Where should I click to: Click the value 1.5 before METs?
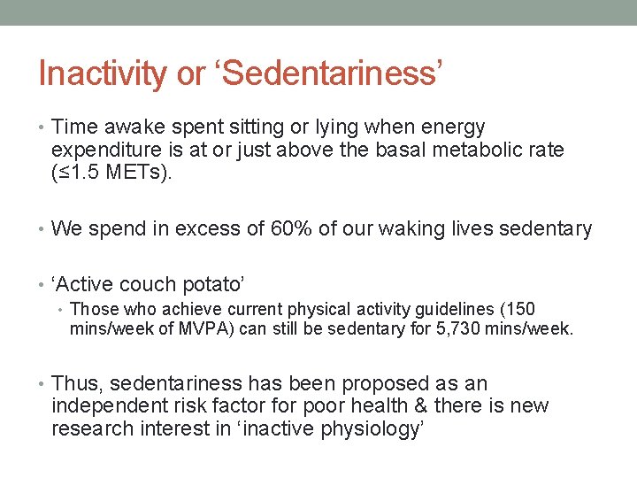click(x=91, y=172)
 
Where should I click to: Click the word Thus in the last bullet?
click(x=76, y=384)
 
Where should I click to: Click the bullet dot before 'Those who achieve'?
click(x=61, y=310)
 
